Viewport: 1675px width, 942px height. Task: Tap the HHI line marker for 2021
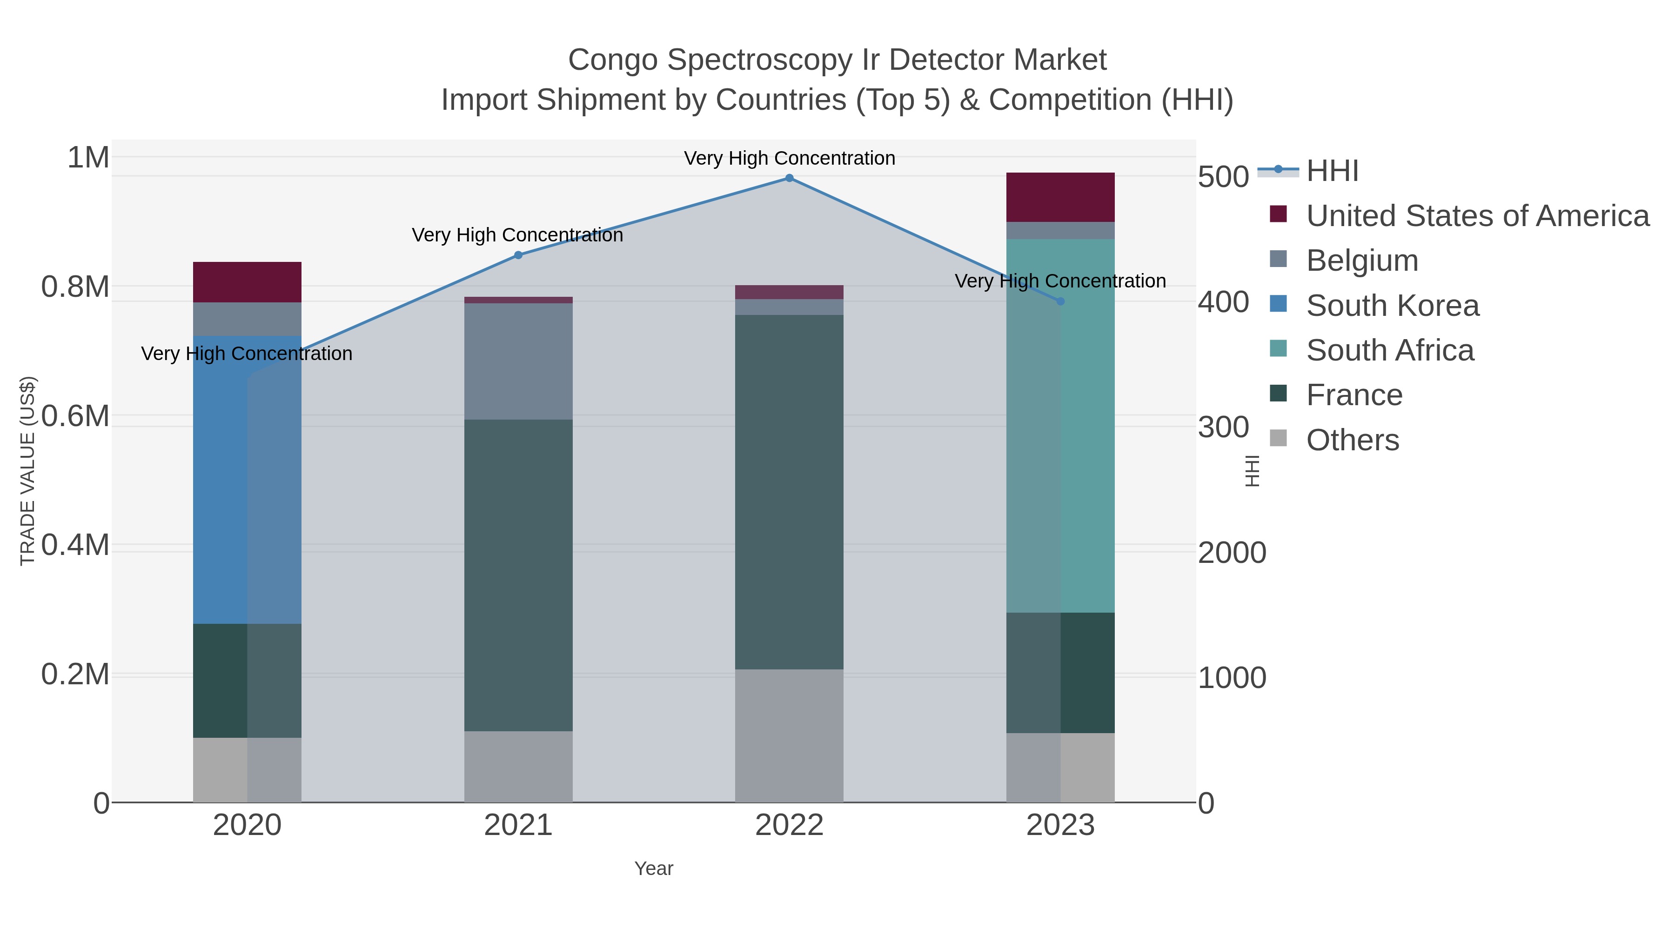[x=518, y=255]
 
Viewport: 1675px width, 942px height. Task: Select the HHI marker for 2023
[x=1060, y=301]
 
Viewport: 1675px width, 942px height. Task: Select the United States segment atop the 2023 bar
[x=1060, y=197]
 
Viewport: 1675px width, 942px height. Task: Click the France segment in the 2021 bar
[x=518, y=575]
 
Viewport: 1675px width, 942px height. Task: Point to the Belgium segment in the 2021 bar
[x=518, y=361]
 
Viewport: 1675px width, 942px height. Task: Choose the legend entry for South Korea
[x=1392, y=306]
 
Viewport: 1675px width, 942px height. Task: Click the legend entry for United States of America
[x=1477, y=216]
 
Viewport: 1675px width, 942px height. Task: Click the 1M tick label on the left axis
[x=88, y=157]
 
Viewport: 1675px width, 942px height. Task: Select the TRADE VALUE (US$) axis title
[x=28, y=471]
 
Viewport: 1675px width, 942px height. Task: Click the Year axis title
[x=654, y=869]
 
